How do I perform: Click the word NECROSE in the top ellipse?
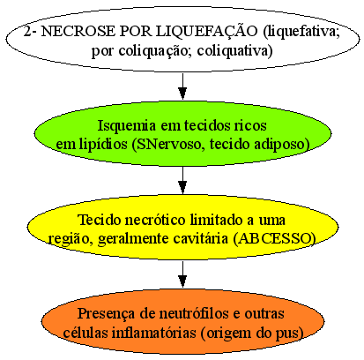coord(78,32)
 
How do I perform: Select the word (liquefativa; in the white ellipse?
coord(301,33)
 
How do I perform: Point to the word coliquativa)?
coord(234,51)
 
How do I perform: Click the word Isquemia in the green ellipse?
coord(126,126)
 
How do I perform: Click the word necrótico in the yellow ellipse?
coord(155,220)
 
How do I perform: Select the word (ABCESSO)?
coord(274,238)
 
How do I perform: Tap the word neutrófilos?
coord(194,313)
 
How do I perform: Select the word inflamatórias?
coord(154,333)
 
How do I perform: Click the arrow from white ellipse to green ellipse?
coord(182,86)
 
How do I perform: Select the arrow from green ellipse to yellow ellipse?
coord(182,180)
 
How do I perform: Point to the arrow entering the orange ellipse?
coord(182,274)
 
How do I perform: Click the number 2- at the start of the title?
coord(30,32)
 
